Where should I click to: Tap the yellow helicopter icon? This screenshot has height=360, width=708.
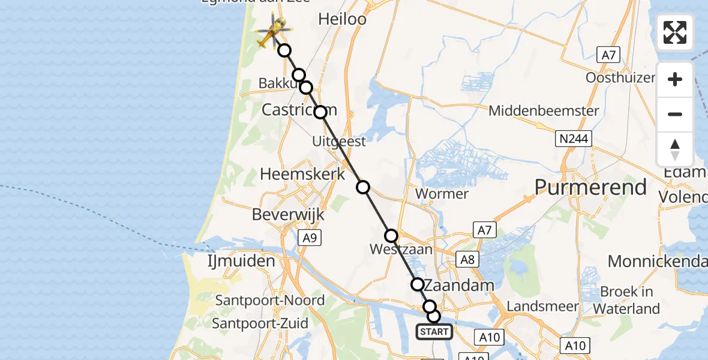[x=272, y=32]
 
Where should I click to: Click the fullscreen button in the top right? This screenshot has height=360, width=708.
[x=675, y=32]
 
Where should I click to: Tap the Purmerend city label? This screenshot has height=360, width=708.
[x=590, y=187]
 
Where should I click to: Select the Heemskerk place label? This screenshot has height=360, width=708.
[x=302, y=174]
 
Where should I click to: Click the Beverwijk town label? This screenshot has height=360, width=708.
[x=288, y=214]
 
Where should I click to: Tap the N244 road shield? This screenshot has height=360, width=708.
[x=573, y=139]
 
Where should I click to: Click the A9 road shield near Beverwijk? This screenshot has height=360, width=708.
[x=309, y=238]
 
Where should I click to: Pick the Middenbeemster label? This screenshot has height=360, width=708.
[x=544, y=111]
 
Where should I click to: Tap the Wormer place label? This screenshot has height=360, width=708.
[x=442, y=194]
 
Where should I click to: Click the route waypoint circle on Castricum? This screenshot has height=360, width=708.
[x=320, y=112]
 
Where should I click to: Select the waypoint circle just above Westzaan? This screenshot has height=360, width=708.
[x=391, y=236]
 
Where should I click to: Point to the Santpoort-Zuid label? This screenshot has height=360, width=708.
[x=260, y=323]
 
